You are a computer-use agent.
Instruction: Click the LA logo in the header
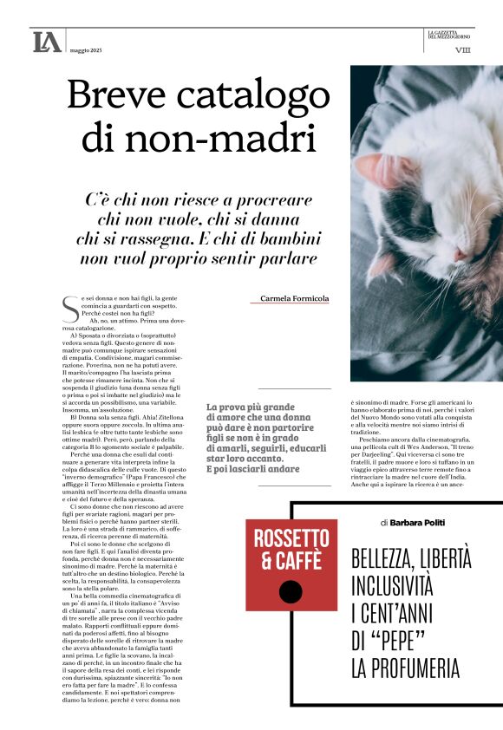tap(47, 41)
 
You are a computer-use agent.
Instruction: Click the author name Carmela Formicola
tap(295, 299)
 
